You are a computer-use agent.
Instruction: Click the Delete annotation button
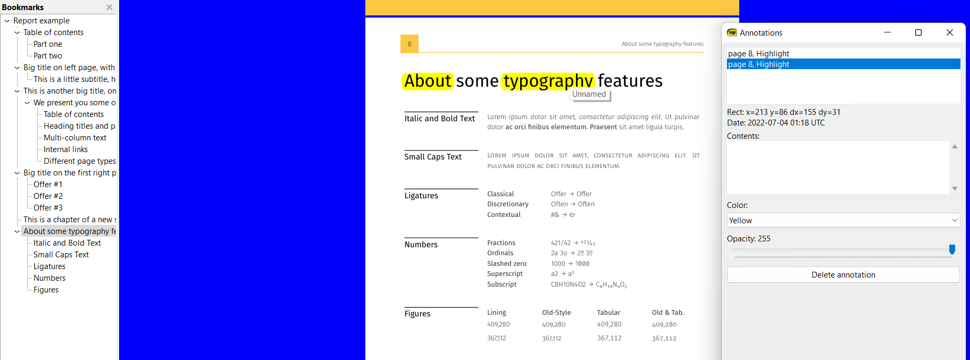[843, 275]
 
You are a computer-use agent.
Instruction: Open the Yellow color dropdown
[843, 220]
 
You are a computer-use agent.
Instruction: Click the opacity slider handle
[952, 249]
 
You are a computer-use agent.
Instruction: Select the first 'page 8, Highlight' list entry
[758, 54]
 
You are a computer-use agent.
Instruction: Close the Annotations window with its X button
[949, 32]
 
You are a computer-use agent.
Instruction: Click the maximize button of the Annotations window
[918, 32]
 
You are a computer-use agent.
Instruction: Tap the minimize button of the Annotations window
[887, 32]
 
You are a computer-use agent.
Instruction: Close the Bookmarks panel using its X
[109, 7]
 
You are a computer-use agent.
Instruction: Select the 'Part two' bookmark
[48, 56]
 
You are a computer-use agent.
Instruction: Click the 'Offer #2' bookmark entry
[48, 196]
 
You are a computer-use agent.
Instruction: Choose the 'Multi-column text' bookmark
[75, 138]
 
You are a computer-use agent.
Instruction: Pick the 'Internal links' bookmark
[65, 149]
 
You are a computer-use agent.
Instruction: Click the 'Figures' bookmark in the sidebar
[46, 290]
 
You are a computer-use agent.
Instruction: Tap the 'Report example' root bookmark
[41, 21]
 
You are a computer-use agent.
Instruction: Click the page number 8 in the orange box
[409, 44]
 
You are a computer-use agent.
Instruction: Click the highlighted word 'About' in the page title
[428, 81]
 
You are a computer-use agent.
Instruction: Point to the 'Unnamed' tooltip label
[589, 94]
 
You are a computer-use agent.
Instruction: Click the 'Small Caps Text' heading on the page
[433, 157]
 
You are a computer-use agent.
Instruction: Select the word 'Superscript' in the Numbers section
[505, 274]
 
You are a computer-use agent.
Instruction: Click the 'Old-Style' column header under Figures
[556, 313]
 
